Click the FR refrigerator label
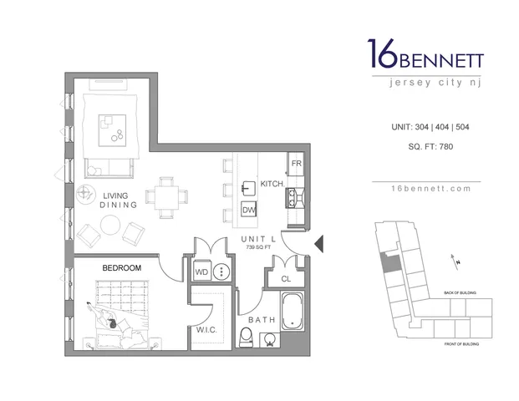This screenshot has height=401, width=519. (296, 163)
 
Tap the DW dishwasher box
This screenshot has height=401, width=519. (249, 210)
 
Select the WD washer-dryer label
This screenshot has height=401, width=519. (201, 272)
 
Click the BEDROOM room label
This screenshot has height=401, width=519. (121, 267)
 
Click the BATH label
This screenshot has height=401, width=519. (261, 320)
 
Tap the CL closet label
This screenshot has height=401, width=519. (286, 279)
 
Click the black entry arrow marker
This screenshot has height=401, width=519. (318, 244)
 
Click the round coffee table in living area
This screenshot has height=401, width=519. (110, 225)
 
